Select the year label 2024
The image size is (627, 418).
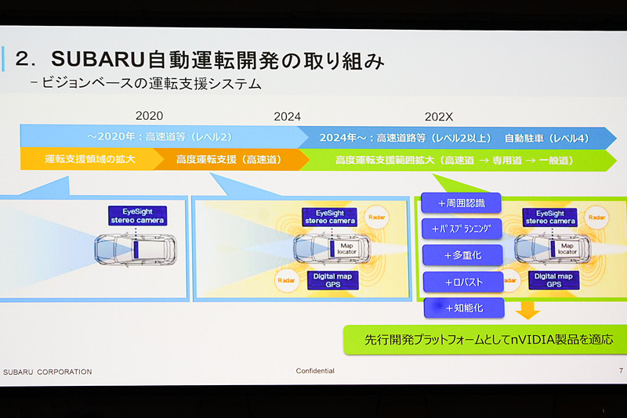(x=287, y=117)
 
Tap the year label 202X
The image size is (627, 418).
(x=440, y=117)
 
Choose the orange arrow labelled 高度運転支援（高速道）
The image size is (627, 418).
(x=227, y=159)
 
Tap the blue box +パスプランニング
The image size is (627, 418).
(x=461, y=229)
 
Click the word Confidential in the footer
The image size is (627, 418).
(x=315, y=371)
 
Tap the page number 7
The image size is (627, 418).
(x=620, y=371)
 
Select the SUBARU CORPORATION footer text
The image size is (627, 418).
(x=48, y=371)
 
